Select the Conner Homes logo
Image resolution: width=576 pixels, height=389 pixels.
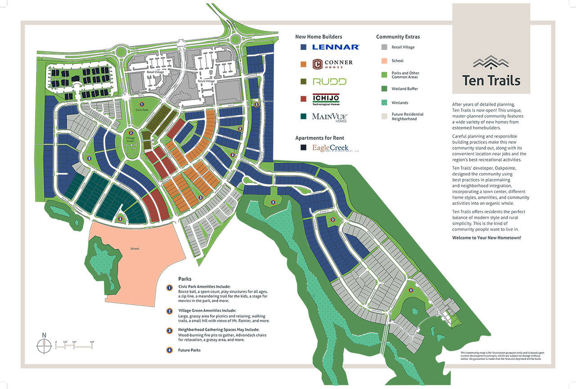point(333,64)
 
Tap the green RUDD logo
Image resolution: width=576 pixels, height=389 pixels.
point(330,81)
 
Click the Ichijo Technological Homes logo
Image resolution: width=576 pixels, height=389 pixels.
point(326,99)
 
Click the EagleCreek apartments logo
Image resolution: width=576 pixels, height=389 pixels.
point(331,148)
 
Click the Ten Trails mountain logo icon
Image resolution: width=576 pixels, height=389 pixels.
point(491,62)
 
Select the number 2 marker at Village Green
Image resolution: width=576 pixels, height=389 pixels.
point(130,133)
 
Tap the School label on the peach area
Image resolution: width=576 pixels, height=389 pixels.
point(135,249)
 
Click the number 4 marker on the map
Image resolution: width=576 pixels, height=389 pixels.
point(410,290)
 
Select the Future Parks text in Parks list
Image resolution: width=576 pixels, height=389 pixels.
point(189,350)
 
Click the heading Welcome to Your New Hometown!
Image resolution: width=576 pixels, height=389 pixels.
point(486,238)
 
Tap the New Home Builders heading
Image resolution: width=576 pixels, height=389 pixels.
point(319,37)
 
